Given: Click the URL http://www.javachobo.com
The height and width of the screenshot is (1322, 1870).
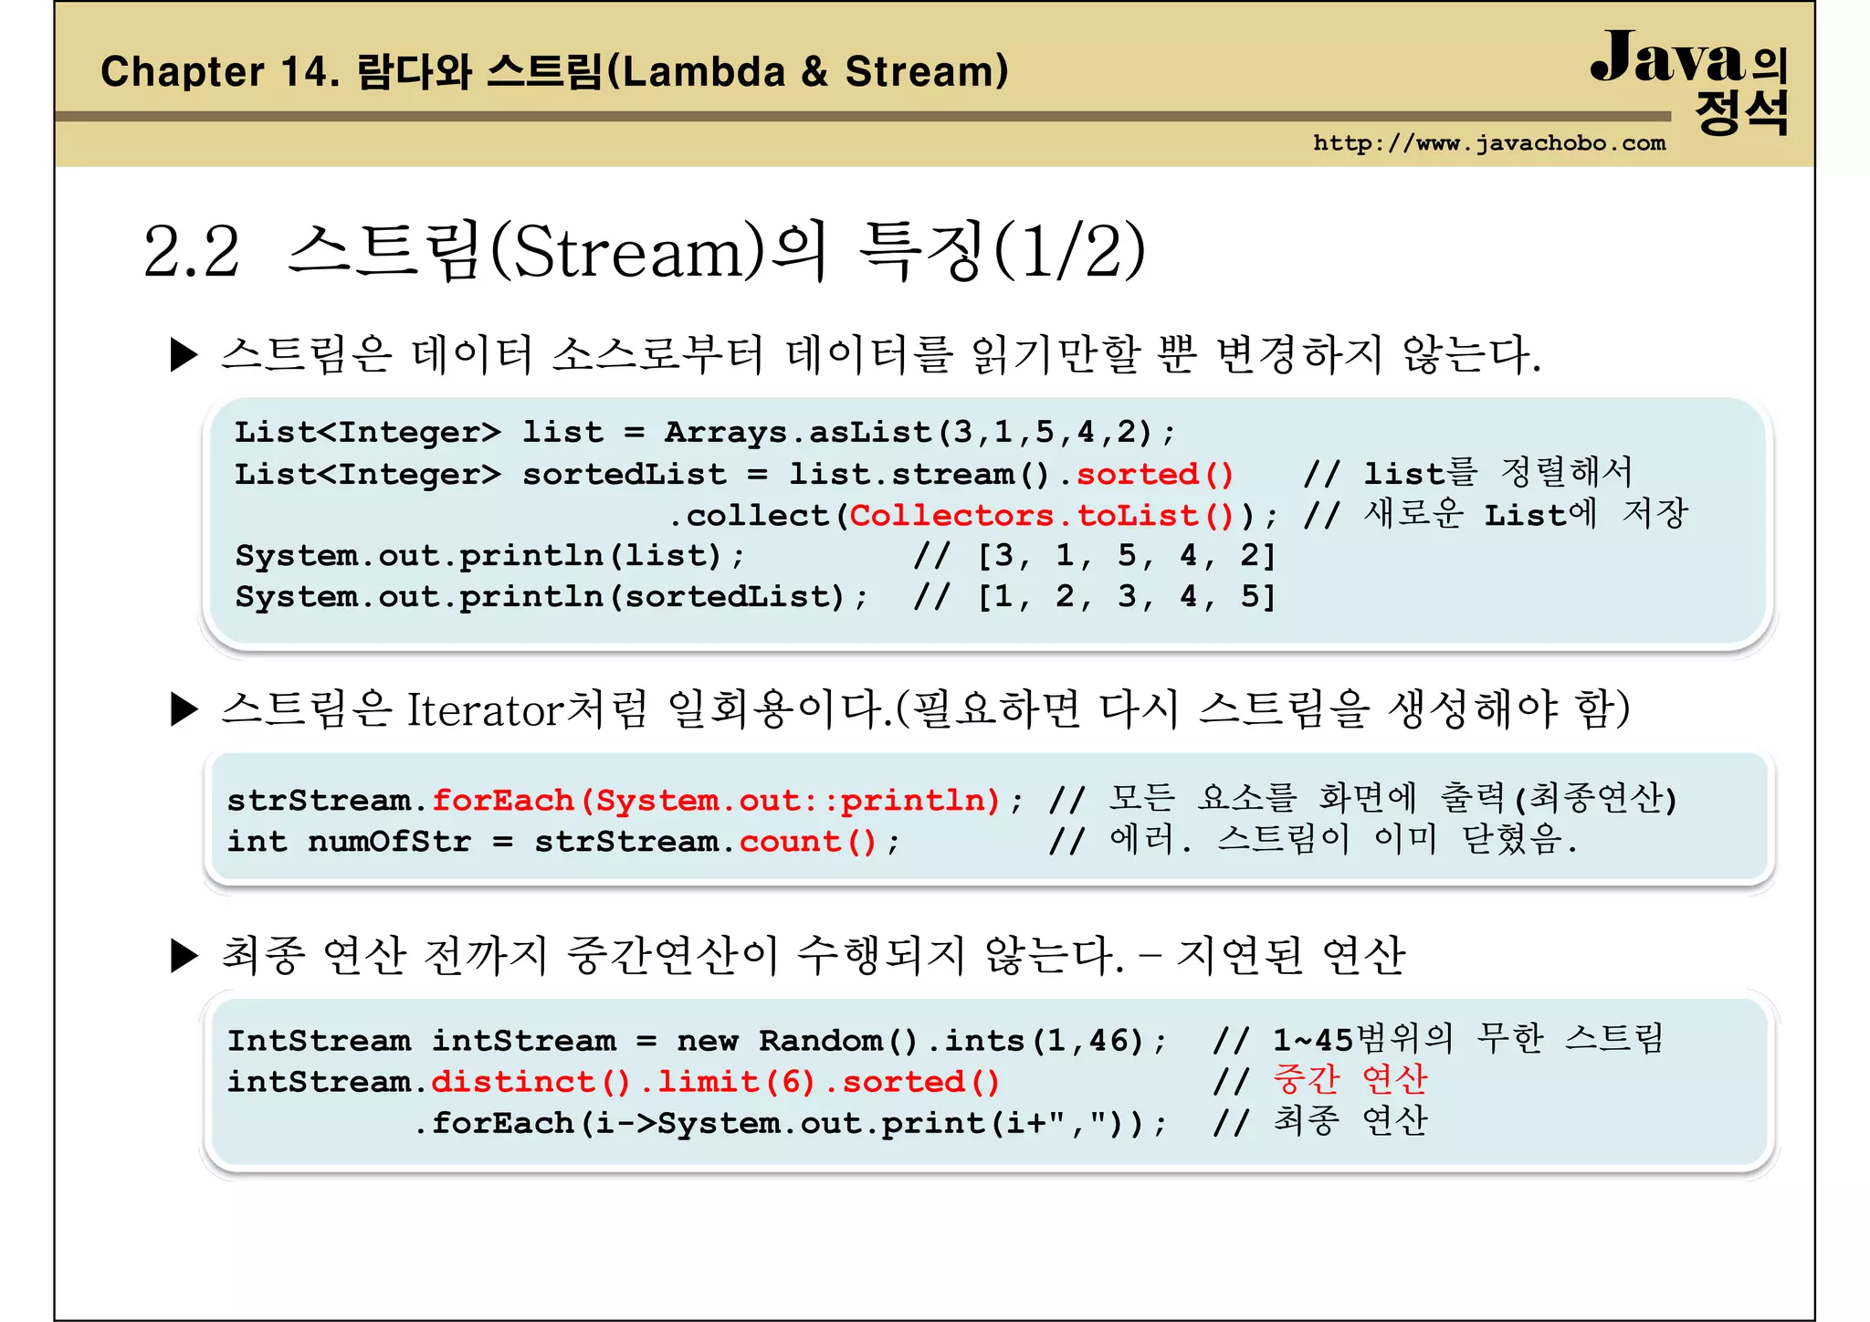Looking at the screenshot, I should coord(1488,143).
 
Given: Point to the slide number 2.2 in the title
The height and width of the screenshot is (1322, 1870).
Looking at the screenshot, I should coord(192,251).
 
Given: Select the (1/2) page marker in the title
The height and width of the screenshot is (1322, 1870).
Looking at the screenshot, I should coord(1068,251).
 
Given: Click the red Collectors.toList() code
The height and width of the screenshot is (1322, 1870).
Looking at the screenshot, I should coord(1041,516).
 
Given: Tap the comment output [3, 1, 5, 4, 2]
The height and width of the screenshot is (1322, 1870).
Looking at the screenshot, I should coord(1126,556).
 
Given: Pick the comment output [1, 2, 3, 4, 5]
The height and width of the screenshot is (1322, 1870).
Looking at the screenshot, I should coord(1126,597).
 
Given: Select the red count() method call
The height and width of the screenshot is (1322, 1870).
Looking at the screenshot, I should coord(807,842).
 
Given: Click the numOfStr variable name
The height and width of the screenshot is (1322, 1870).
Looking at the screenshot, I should coord(389,842).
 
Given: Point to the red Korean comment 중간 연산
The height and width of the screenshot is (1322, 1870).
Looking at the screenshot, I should coord(1350,1080).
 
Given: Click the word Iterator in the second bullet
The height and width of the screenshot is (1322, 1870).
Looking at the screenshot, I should coord(484,709).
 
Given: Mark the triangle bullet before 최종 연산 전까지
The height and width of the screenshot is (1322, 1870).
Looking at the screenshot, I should coord(184,956).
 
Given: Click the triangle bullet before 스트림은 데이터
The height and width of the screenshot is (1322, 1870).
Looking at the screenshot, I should coord(184,355).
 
